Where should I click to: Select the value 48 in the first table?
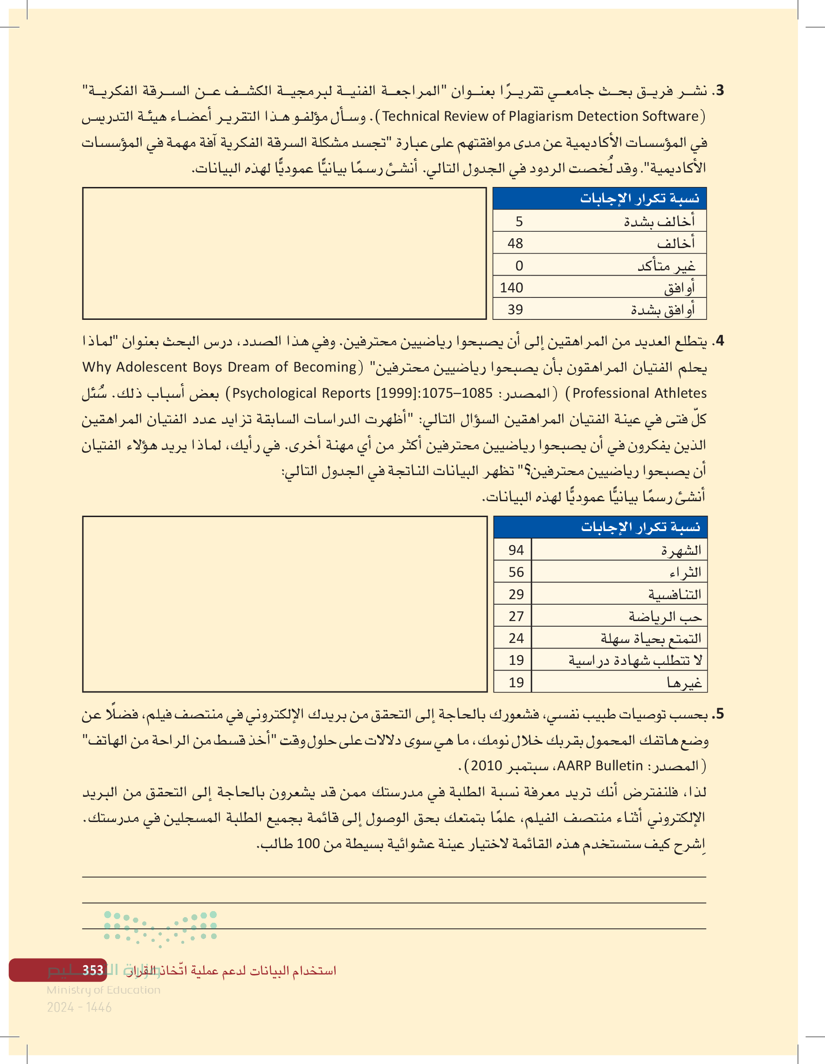pyautogui.click(x=515, y=243)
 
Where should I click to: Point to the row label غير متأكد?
pyautogui.click(x=666, y=266)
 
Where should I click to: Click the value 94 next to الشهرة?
pyautogui.click(x=516, y=550)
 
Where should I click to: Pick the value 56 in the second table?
pyautogui.click(x=516, y=572)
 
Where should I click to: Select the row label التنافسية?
pyautogui.click(x=674, y=594)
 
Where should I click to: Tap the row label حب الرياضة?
pyautogui.click(x=665, y=617)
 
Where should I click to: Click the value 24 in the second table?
pyautogui.click(x=516, y=638)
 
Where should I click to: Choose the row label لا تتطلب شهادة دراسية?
pyautogui.click(x=636, y=661)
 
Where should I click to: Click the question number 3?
pyautogui.click(x=719, y=90)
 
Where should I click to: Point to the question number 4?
pyautogui.click(x=719, y=341)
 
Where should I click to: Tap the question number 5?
pyautogui.click(x=719, y=715)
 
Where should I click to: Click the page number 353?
pyautogui.click(x=93, y=970)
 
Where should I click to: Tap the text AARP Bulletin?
pyautogui.click(x=600, y=766)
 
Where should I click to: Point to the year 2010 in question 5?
pyautogui.click(x=486, y=766)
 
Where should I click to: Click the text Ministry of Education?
pyautogui.click(x=103, y=990)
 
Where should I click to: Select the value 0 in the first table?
pyautogui.click(x=519, y=266)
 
